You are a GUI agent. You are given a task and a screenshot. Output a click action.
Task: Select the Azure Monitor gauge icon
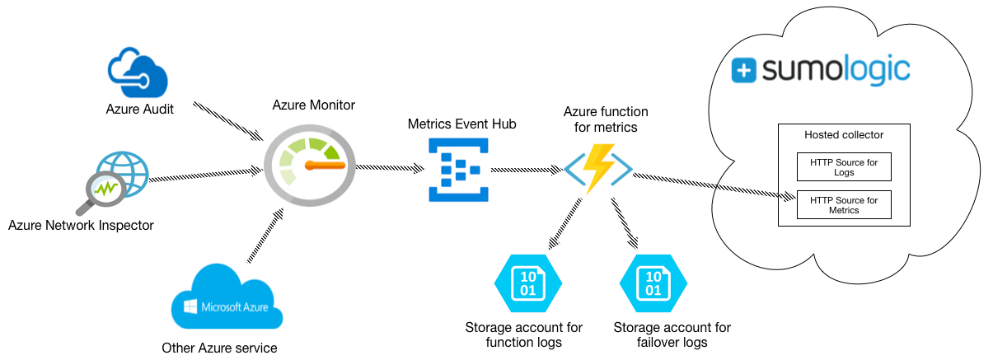coord(308,166)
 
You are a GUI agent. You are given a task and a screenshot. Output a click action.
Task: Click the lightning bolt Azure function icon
coord(598,167)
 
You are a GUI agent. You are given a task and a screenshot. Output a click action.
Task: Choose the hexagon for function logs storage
coord(527,283)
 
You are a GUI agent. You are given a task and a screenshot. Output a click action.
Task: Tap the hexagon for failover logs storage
coord(653,283)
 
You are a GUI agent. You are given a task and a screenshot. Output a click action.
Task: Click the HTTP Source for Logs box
coord(843,168)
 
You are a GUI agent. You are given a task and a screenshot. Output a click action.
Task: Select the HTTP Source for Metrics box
coord(843,205)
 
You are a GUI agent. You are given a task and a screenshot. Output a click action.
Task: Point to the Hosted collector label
coord(843,135)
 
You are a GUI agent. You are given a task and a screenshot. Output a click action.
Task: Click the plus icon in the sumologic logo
coord(743,71)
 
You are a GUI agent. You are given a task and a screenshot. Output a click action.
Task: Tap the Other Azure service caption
coord(219,348)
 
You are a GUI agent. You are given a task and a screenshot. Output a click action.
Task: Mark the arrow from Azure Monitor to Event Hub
coord(389,168)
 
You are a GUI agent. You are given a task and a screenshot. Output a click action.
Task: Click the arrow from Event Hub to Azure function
coord(527,171)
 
